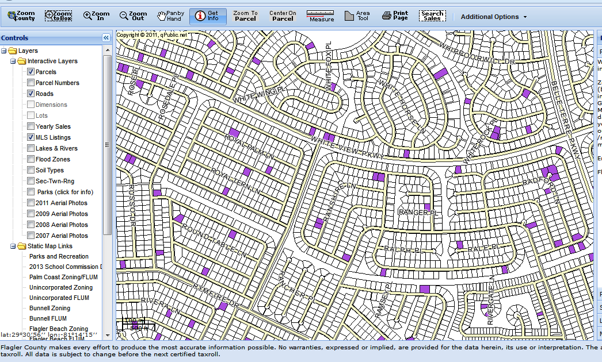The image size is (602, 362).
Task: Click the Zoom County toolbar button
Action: click(21, 16)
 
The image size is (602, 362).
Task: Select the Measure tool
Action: click(321, 16)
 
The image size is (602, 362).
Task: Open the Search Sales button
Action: click(432, 16)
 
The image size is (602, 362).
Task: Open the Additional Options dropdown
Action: click(493, 17)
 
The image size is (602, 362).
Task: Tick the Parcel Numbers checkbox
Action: click(31, 83)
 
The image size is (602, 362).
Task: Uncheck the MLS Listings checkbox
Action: click(31, 137)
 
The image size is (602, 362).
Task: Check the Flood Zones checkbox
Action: click(31, 159)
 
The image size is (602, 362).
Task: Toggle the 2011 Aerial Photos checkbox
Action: click(31, 203)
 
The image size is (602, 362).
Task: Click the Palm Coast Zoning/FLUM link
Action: click(63, 277)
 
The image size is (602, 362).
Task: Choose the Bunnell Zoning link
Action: click(49, 308)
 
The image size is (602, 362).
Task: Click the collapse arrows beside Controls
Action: click(106, 38)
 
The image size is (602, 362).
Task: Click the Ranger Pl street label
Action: click(415, 213)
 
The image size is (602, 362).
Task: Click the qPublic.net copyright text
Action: click(152, 35)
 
